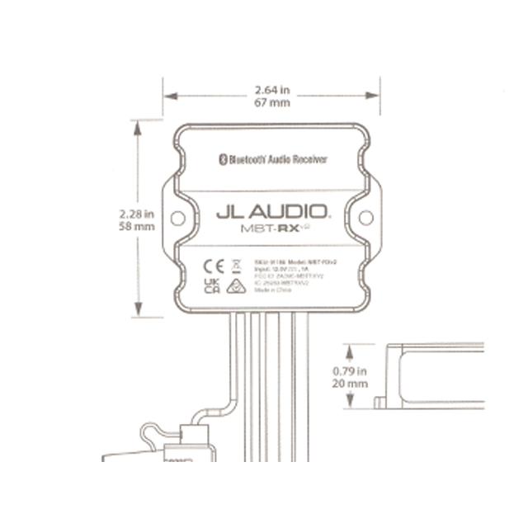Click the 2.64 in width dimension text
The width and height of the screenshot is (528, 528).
pos(271,89)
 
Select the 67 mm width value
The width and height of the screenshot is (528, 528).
pos(271,102)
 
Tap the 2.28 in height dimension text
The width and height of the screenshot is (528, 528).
pos(137,212)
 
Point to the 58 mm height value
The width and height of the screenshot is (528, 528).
pos(138,225)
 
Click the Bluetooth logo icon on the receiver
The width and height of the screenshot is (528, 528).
pos(221,159)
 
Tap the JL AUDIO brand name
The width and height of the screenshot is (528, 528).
pos(272,212)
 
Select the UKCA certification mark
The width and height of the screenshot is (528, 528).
pos(211,285)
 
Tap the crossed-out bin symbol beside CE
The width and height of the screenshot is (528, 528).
pos(234,266)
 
